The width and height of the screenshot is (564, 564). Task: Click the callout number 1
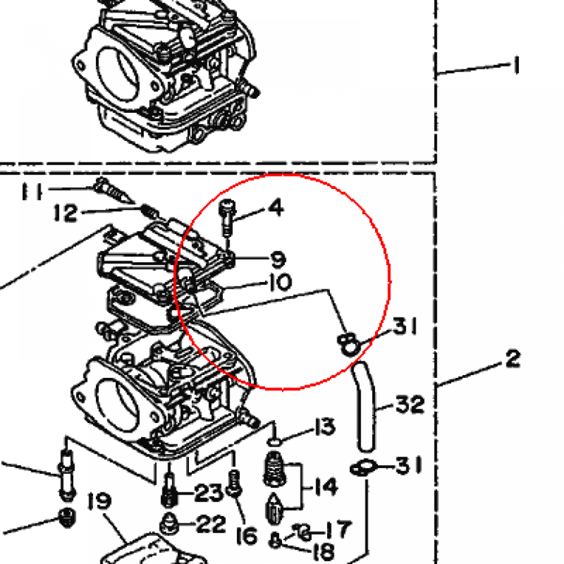[517, 65]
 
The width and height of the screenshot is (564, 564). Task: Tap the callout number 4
[276, 207]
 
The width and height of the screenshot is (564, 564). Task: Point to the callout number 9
[278, 259]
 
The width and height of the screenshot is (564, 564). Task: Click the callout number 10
[280, 282]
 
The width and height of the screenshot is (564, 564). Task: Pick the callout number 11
[32, 191]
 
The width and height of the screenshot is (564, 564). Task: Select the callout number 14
[326, 486]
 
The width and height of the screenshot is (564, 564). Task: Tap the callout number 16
[247, 536]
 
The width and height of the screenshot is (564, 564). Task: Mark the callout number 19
[100, 501]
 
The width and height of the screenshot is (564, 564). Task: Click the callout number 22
[211, 524]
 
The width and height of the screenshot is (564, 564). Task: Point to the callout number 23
[209, 492]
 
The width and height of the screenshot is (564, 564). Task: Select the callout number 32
[410, 404]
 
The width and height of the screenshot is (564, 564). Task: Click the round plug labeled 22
[170, 523]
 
